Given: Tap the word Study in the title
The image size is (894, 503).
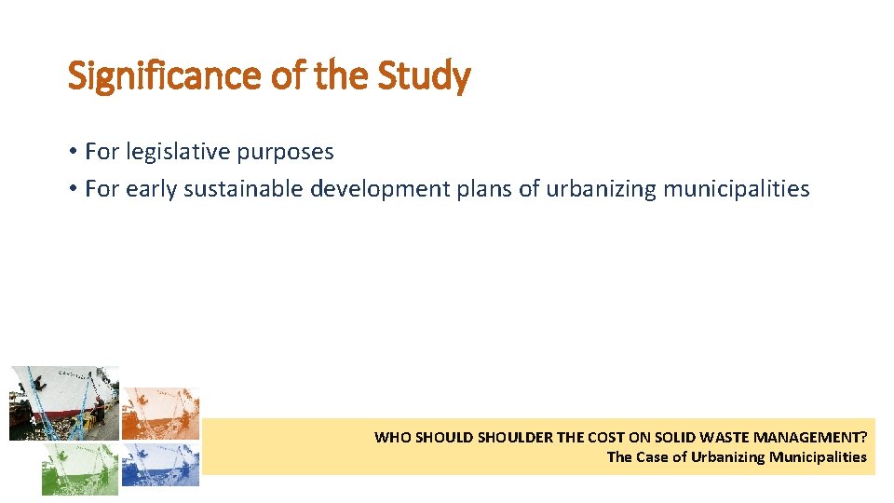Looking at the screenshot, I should pyautogui.click(x=424, y=75).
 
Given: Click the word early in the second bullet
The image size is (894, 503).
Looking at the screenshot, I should pyautogui.click(x=152, y=189).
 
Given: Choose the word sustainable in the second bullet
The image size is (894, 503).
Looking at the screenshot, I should pyautogui.click(x=244, y=189).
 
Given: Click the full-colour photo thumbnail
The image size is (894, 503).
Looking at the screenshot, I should pyautogui.click(x=64, y=403).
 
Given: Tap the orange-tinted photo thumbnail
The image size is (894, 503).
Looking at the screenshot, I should pyautogui.click(x=161, y=413).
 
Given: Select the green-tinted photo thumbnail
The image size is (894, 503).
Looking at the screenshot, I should pyautogui.click(x=80, y=468).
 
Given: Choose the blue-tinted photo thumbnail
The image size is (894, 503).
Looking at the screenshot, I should pyautogui.click(x=161, y=464).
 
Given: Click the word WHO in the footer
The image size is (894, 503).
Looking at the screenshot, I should pyautogui.click(x=390, y=437).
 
